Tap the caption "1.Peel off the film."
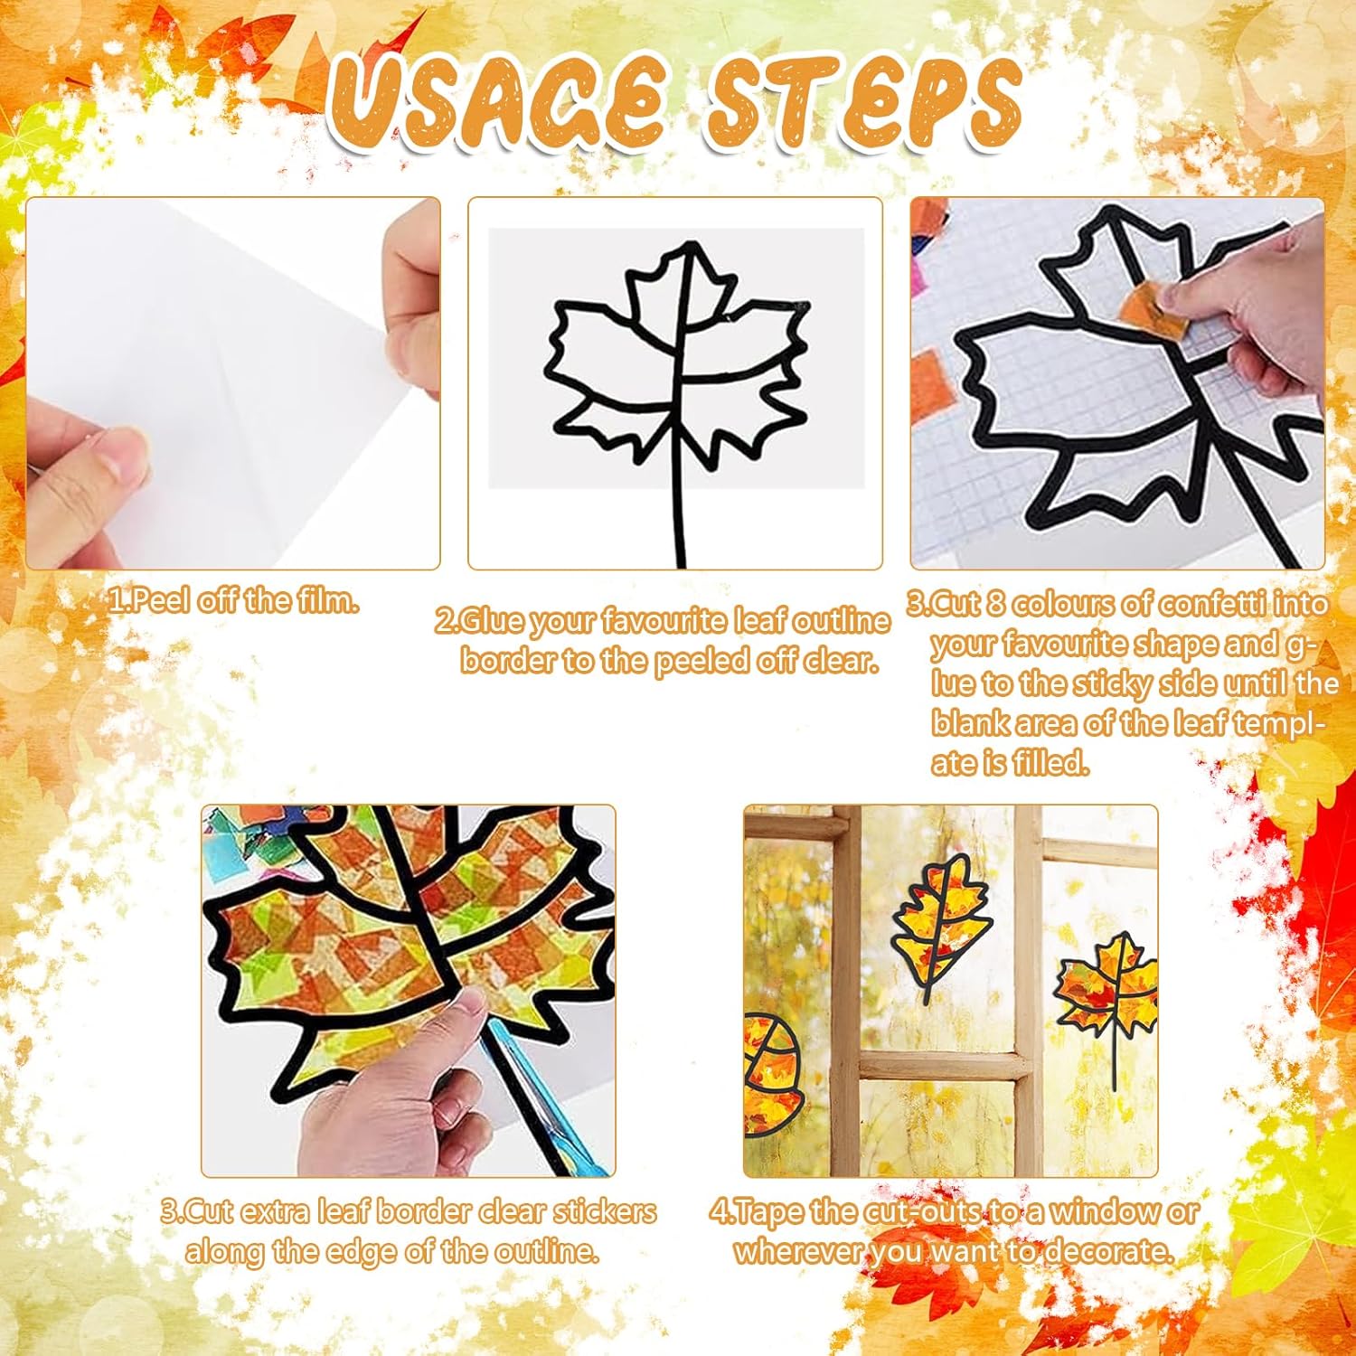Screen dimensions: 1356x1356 [233, 601]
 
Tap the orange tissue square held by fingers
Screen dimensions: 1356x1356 [1154, 309]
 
